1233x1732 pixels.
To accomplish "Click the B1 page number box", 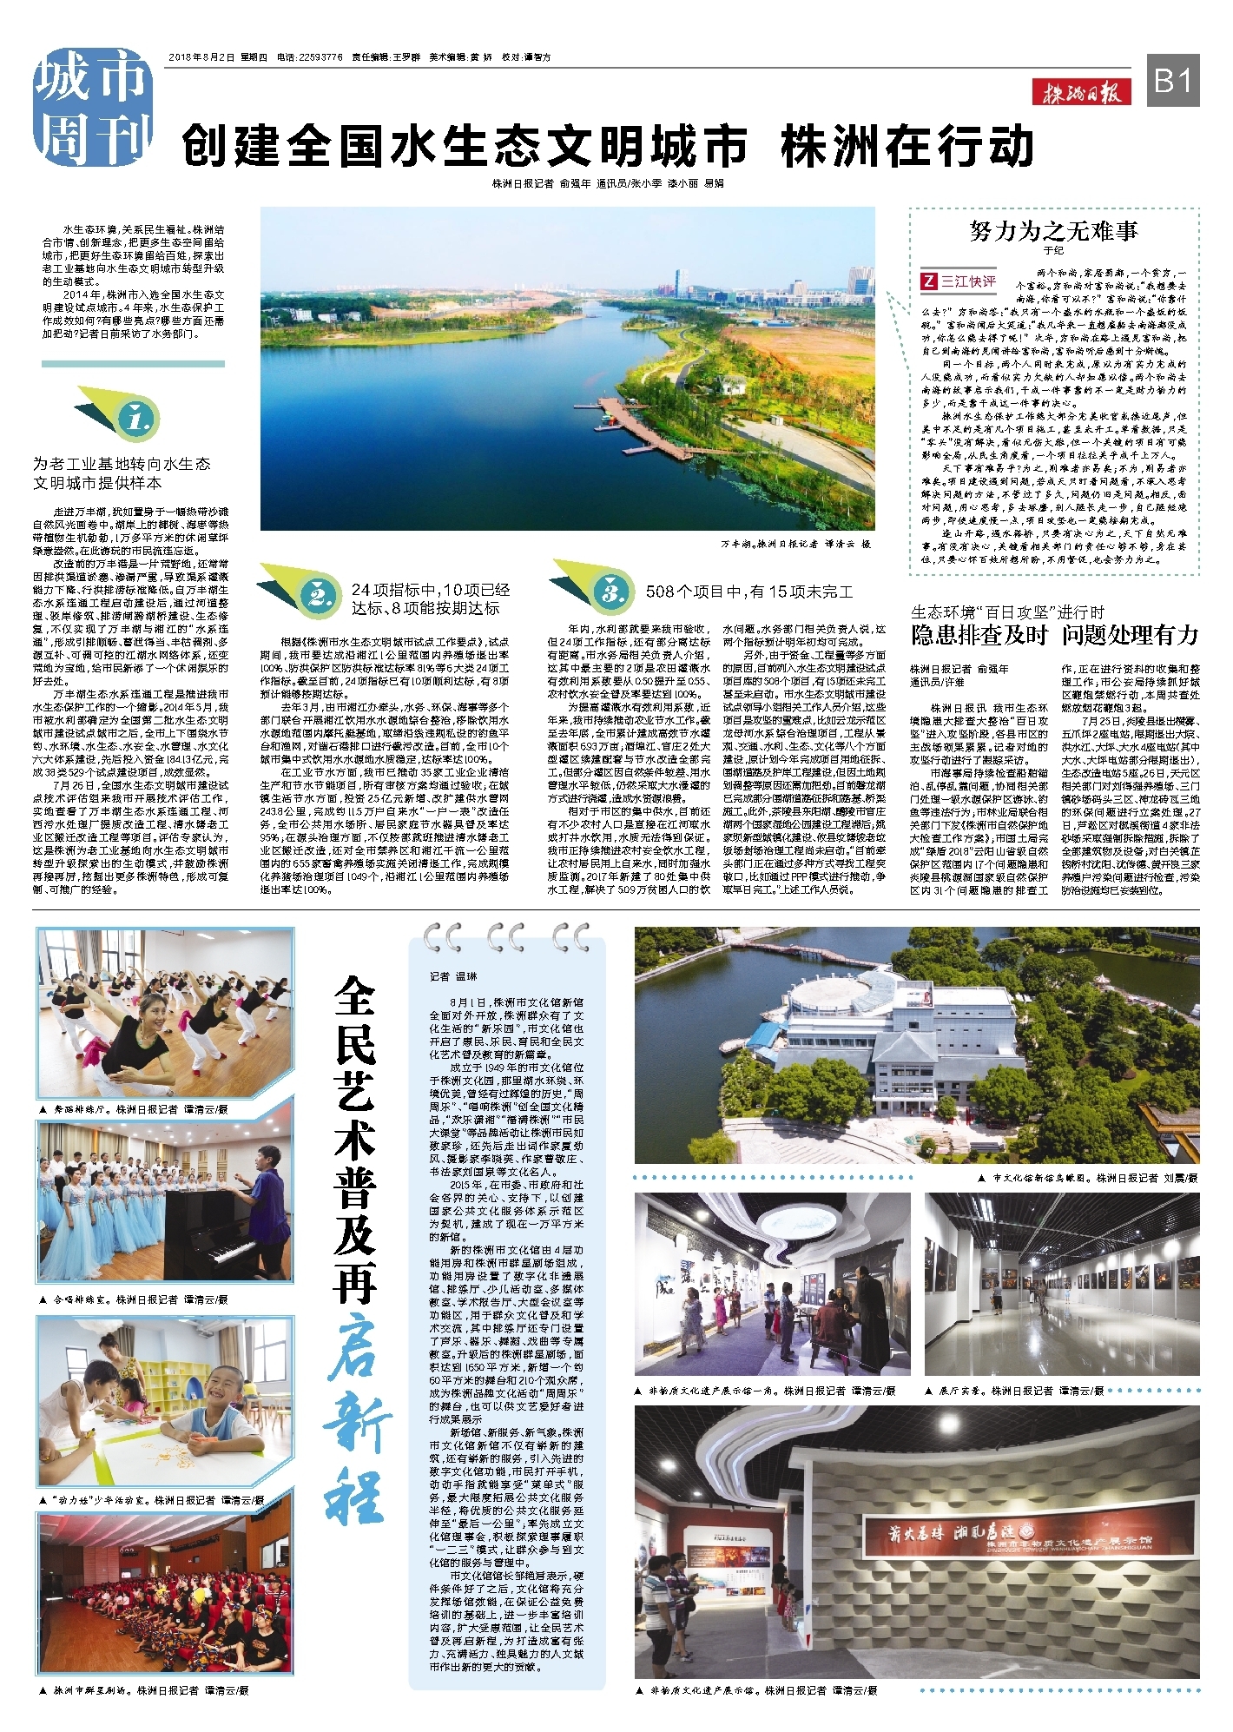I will pos(1174,81).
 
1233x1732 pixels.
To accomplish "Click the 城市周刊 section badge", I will pos(91,108).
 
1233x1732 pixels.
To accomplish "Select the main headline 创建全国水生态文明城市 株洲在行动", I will pos(608,146).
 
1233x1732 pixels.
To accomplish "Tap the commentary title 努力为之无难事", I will pos(1053,230).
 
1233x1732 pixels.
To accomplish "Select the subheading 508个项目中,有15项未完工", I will pos(748,592).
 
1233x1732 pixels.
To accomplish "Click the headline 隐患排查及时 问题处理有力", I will pos(1054,635).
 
